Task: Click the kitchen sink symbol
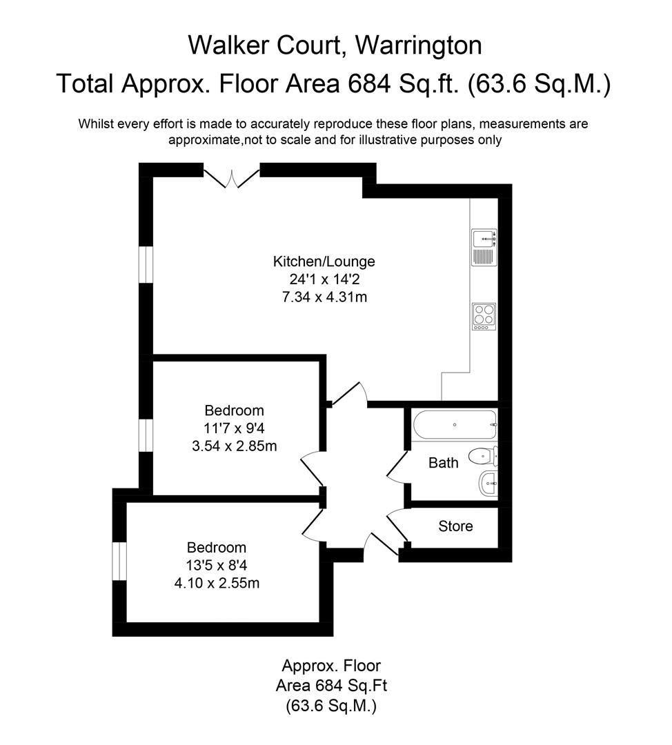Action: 484,248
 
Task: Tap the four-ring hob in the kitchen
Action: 484,317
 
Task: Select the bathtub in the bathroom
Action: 454,424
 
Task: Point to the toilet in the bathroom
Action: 483,455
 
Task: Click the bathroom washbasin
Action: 486,484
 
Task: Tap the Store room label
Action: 455,526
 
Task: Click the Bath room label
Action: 443,463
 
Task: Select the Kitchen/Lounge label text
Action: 324,261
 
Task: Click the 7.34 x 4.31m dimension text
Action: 324,297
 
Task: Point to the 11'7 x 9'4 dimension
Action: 235,428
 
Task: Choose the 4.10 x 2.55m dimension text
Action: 217,583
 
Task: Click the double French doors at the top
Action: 231,177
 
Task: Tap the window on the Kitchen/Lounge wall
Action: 145,264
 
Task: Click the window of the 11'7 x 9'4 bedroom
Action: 145,435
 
